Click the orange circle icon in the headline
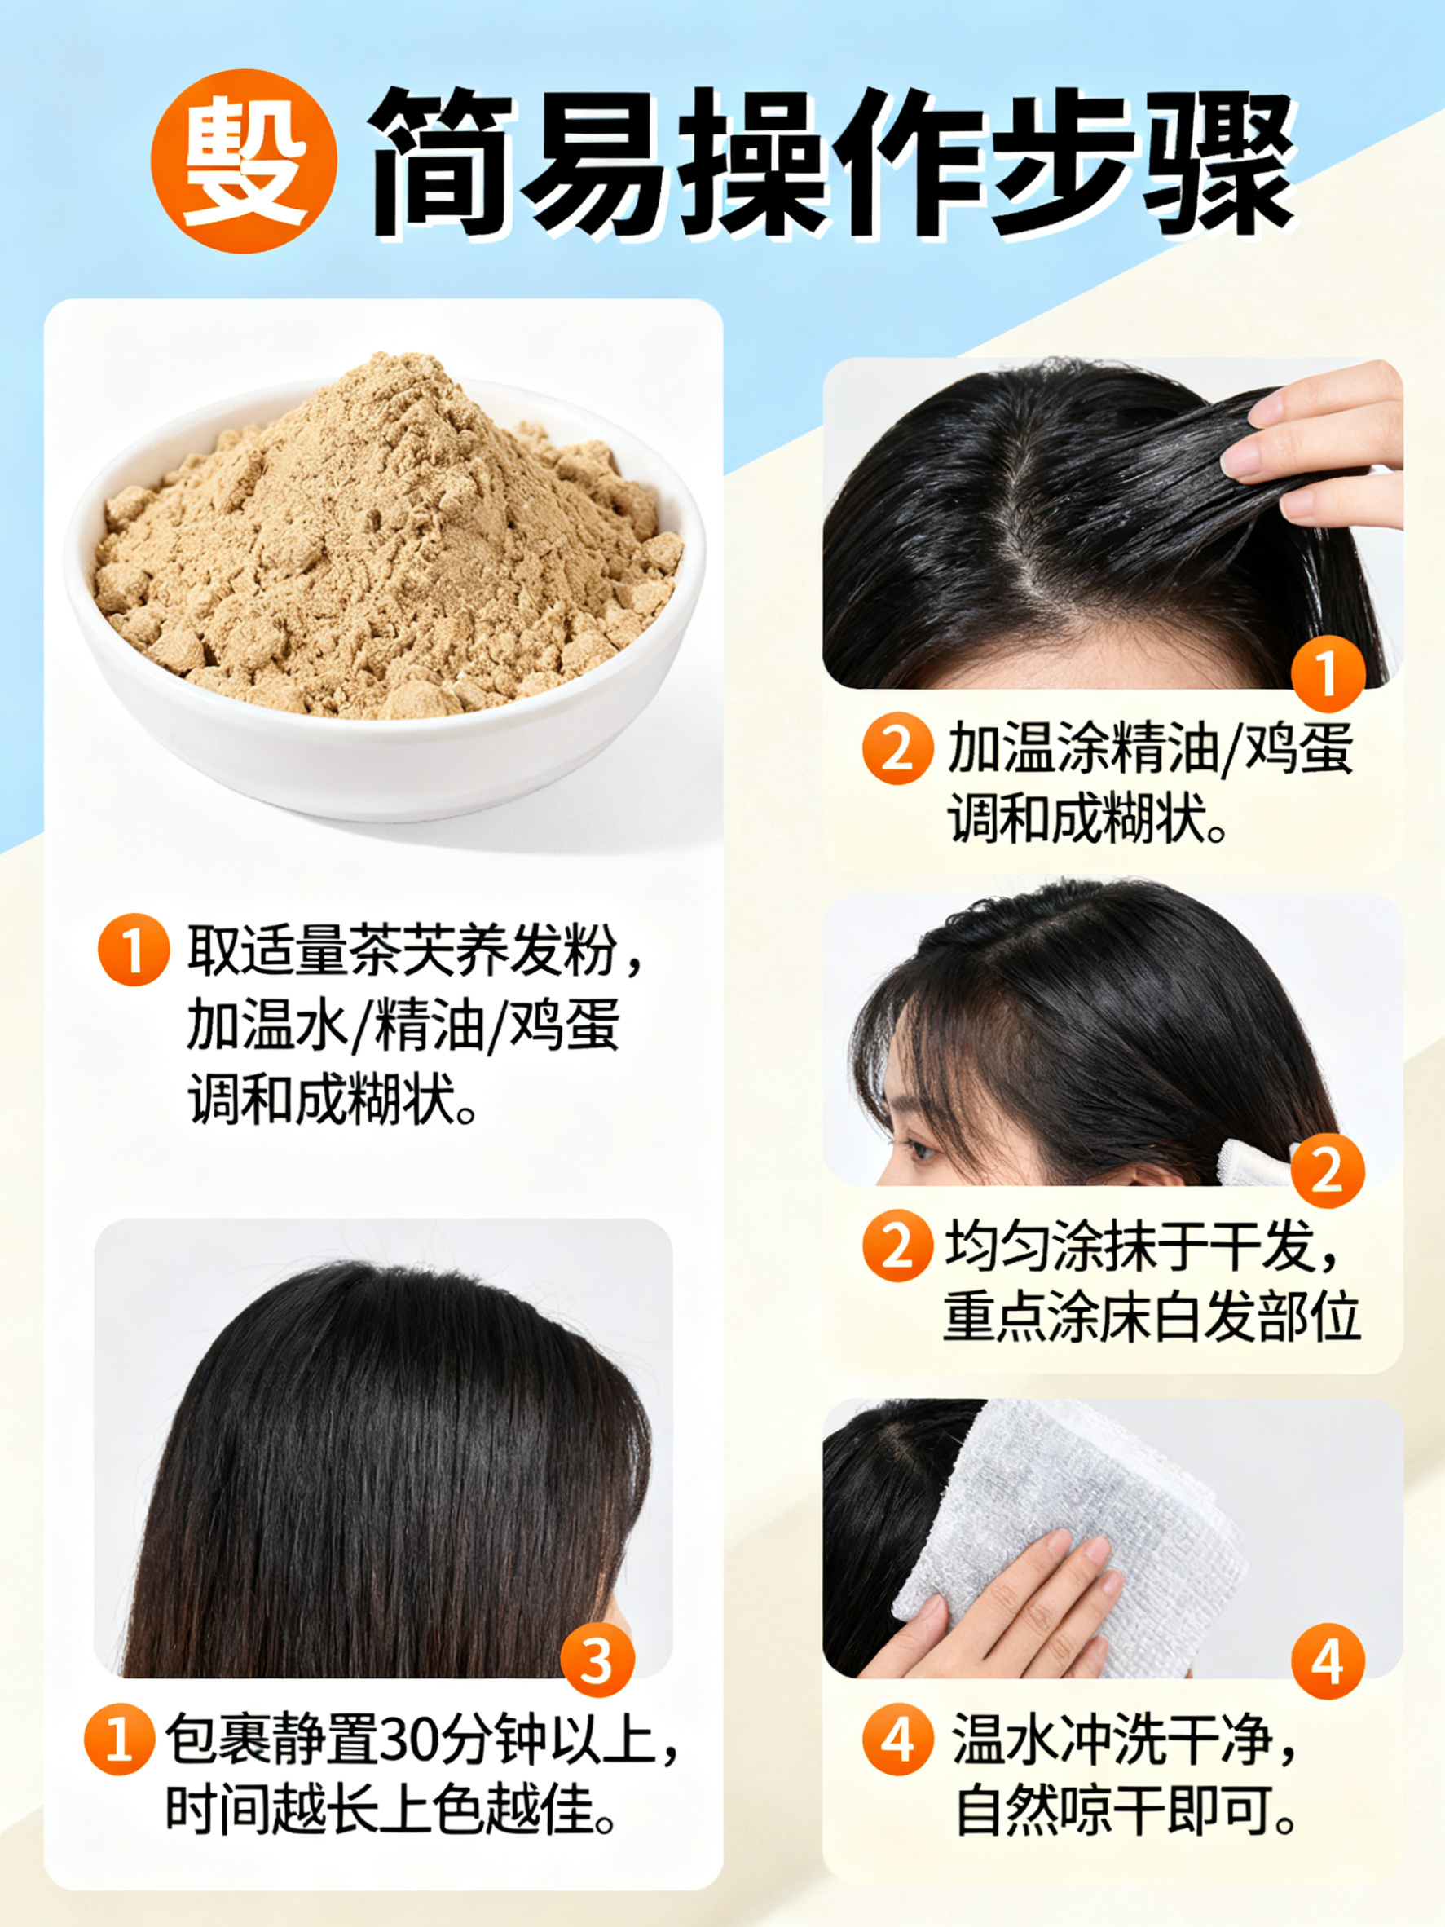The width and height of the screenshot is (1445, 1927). [245, 162]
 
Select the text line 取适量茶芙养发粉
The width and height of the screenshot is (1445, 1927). [403, 950]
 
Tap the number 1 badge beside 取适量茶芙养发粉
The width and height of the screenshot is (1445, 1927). [134, 950]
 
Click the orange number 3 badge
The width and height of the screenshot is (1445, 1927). [597, 1660]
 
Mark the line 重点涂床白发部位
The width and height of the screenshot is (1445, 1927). [1152, 1316]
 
